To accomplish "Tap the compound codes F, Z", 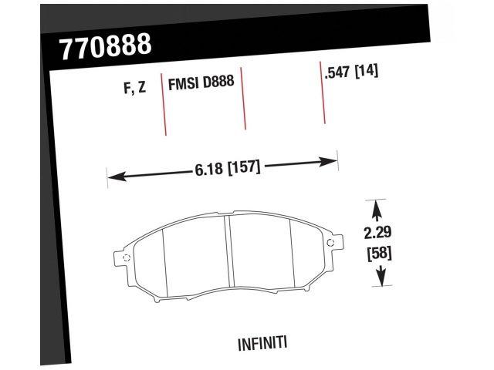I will point(136,88).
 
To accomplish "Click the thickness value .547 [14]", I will point(351,74).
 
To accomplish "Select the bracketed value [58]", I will point(378,252).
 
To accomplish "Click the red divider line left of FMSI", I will point(163,104).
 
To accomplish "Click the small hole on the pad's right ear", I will point(331,245).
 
